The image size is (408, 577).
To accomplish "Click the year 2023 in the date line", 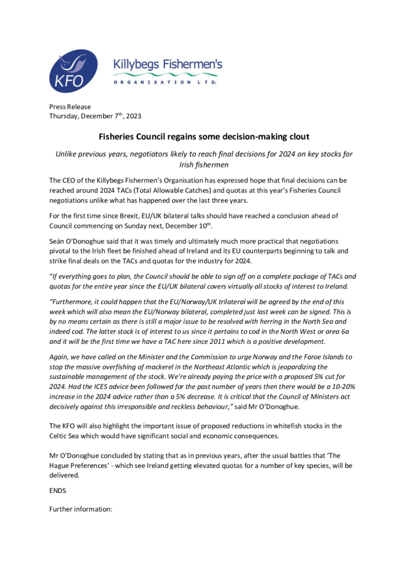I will coord(131,115).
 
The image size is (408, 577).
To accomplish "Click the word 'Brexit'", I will coord(135,216).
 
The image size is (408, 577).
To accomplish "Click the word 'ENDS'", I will coord(58,491).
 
